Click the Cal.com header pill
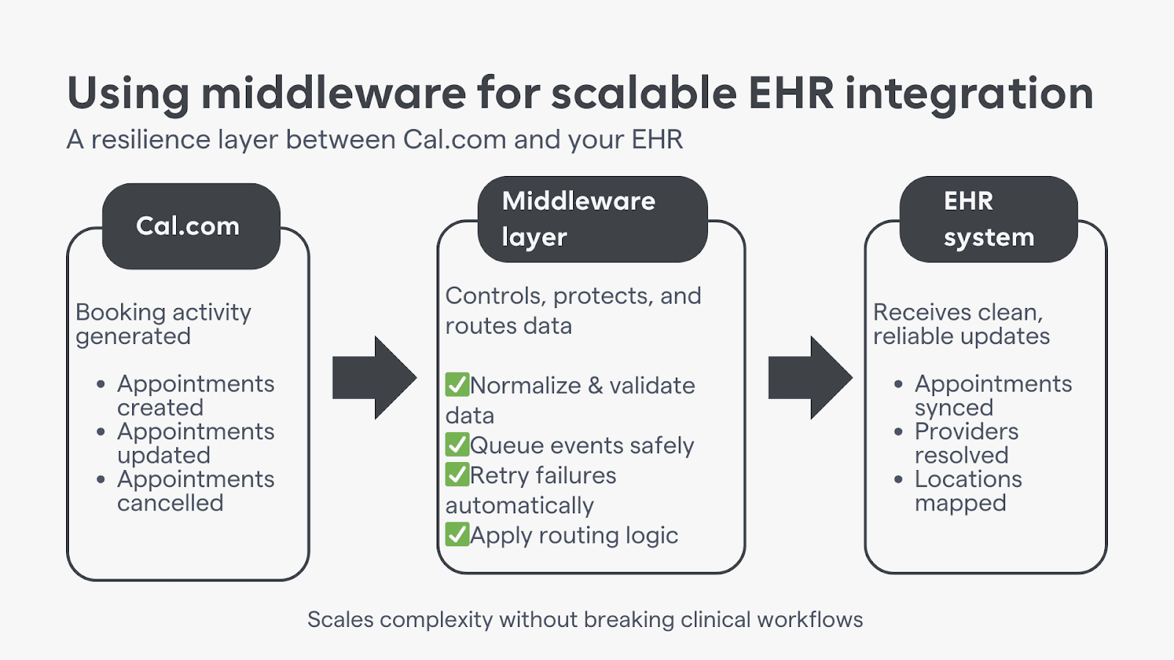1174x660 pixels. (191, 226)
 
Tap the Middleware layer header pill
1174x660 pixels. (592, 219)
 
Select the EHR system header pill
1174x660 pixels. (988, 219)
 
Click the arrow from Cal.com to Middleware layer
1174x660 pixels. (373, 378)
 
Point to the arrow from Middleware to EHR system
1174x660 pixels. (809, 378)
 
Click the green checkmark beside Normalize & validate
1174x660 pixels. (457, 384)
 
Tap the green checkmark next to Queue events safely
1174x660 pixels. (457, 444)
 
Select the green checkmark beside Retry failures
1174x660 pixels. (457, 474)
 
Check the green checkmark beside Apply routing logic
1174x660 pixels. (457, 535)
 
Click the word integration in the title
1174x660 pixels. (969, 95)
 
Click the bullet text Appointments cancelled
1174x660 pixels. (195, 491)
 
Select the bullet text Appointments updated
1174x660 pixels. (195, 443)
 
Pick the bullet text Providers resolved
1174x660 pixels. (966, 443)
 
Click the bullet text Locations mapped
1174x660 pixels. (967, 491)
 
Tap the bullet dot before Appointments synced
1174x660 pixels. (898, 384)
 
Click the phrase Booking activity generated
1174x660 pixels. (163, 323)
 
